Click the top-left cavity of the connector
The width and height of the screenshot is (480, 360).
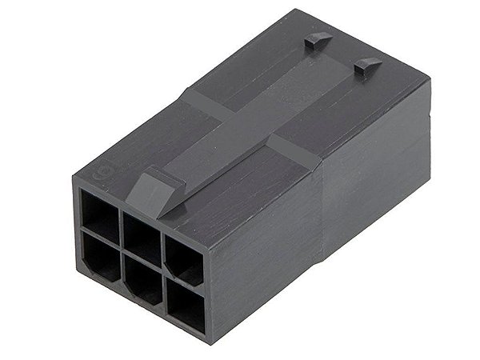[99, 214]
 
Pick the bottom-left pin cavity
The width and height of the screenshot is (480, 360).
[101, 258]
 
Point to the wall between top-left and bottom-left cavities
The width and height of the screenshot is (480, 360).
[101, 237]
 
